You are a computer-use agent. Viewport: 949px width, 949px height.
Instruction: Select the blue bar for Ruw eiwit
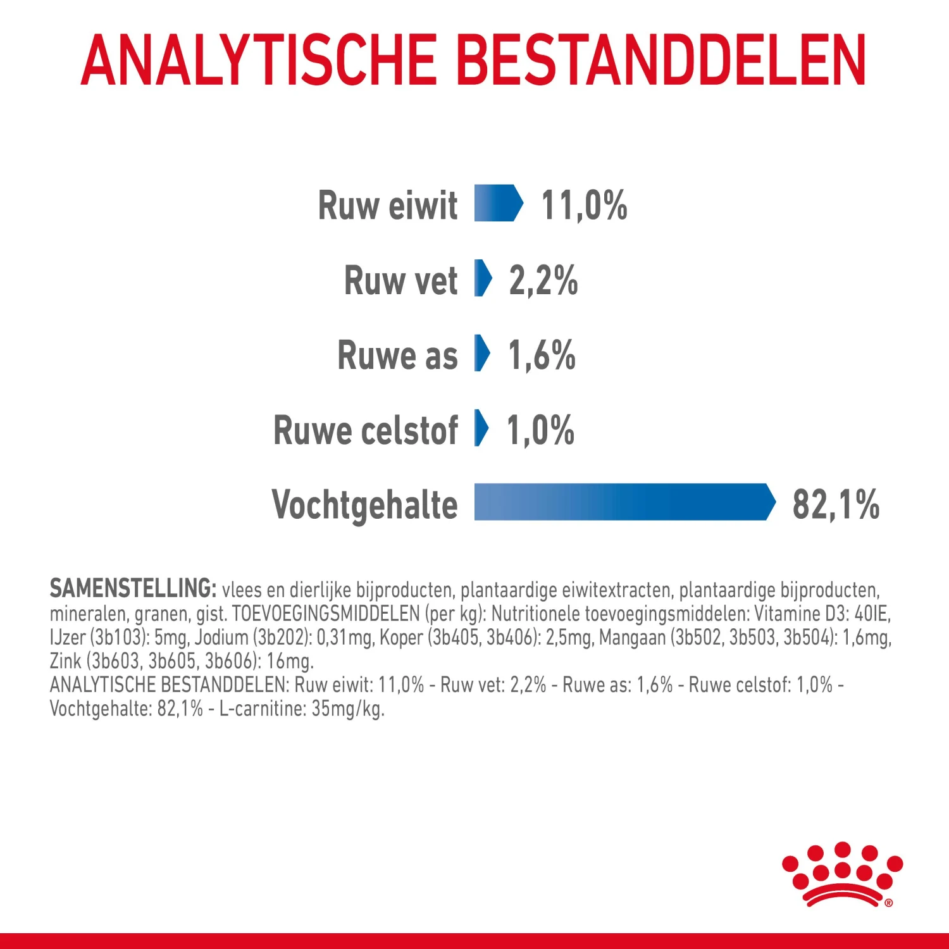click(x=498, y=204)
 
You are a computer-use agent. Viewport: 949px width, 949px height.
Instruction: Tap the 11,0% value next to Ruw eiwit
click(x=583, y=206)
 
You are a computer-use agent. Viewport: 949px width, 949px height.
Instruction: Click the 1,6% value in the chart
click(x=542, y=355)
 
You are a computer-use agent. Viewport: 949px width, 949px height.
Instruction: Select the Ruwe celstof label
click(x=365, y=430)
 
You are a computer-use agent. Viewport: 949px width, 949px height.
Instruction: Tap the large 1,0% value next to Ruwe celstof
click(x=540, y=430)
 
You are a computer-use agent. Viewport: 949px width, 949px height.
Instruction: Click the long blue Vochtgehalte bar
click(x=623, y=502)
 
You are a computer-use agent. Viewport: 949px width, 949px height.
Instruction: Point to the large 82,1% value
click(x=835, y=504)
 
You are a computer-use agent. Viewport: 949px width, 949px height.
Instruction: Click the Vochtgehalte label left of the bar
click(x=364, y=504)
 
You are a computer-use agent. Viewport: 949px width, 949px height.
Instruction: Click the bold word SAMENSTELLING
click(x=133, y=588)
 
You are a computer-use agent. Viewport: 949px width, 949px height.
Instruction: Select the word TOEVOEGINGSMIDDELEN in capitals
click(x=326, y=613)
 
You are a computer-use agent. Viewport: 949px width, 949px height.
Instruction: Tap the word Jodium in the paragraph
click(x=221, y=637)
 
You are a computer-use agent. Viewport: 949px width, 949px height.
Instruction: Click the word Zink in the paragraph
click(x=65, y=661)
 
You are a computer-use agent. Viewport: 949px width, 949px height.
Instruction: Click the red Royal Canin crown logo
click(x=842, y=874)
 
